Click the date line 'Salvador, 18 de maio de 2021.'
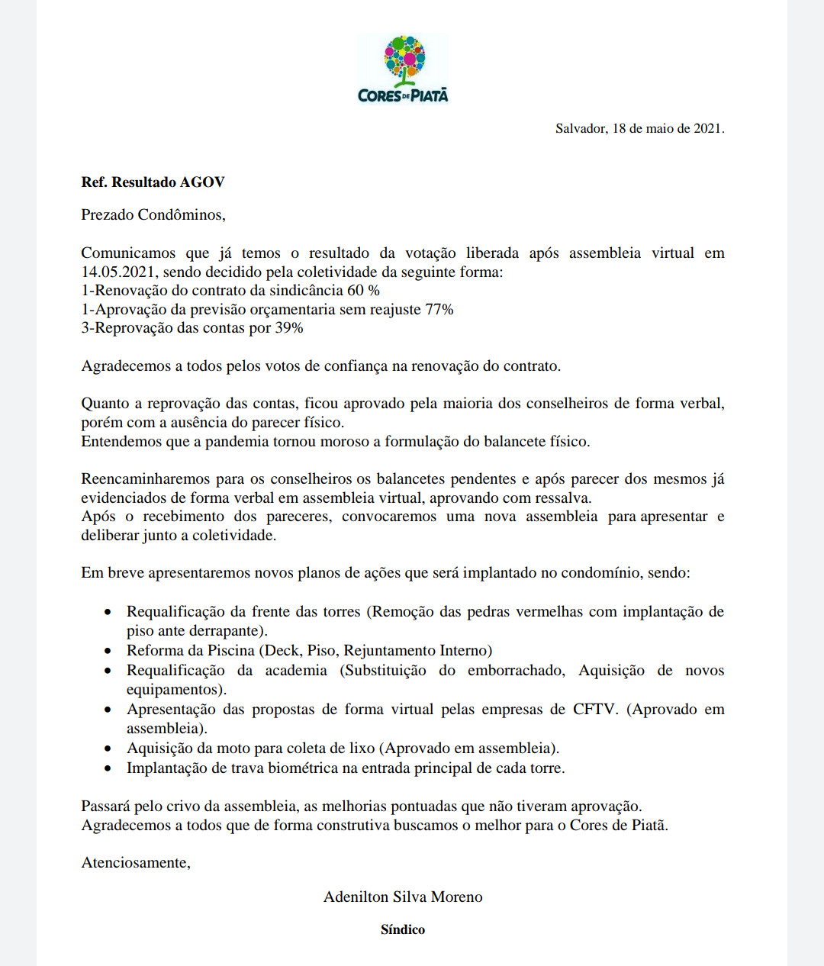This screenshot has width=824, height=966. click(639, 128)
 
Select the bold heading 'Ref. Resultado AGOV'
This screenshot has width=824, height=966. click(153, 182)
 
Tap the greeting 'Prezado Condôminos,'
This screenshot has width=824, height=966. click(153, 215)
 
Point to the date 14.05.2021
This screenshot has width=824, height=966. click(118, 272)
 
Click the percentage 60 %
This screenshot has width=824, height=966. click(363, 291)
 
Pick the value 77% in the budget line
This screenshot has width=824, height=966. click(439, 310)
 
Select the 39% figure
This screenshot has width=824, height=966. click(289, 328)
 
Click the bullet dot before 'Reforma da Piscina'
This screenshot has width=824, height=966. click(109, 651)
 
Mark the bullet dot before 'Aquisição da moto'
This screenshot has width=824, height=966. click(109, 749)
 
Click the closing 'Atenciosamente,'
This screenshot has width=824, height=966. click(136, 863)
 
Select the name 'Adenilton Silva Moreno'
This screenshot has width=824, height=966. click(403, 897)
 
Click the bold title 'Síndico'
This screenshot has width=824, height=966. click(403, 929)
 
